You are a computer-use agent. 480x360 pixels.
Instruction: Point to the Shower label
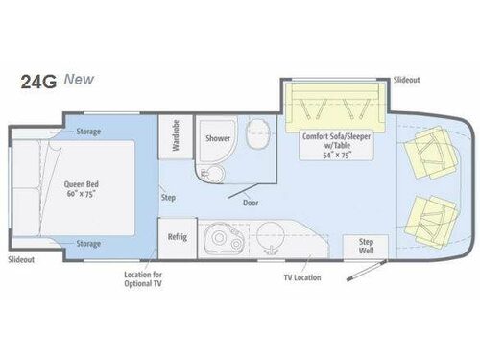(x=217, y=138)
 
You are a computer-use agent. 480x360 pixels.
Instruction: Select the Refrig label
(x=176, y=236)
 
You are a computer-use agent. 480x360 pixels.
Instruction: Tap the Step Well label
(x=366, y=245)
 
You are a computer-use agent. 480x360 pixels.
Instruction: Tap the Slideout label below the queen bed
(x=20, y=260)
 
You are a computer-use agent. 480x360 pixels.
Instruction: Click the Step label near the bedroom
(x=168, y=197)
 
